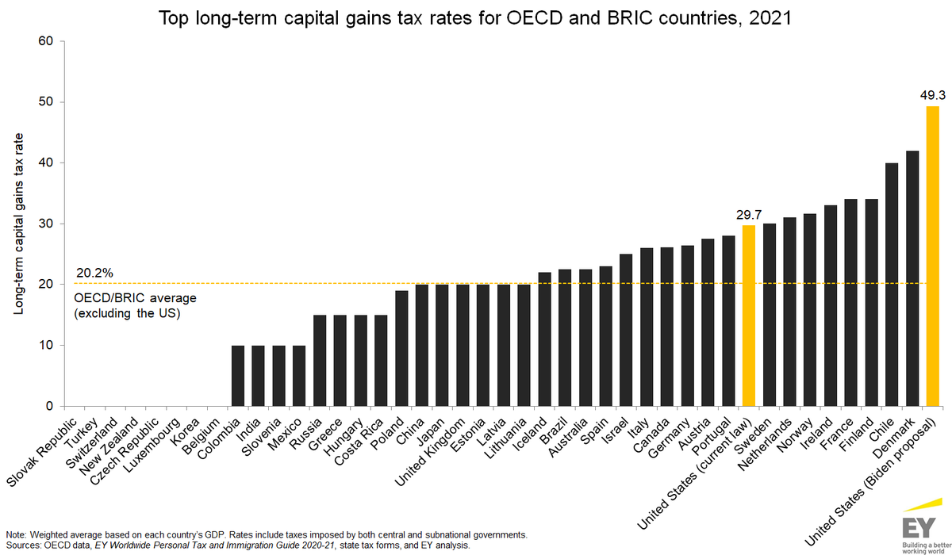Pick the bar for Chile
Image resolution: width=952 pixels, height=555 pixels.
(x=892, y=285)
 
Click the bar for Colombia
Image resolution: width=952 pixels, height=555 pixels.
(x=238, y=376)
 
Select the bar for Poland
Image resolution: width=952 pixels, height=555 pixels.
(x=401, y=348)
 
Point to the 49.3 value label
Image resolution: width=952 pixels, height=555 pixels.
(x=933, y=94)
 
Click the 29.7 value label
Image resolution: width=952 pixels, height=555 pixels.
(x=749, y=214)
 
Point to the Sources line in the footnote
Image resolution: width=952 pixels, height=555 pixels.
(x=238, y=545)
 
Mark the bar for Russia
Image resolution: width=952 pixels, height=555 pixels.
(x=320, y=361)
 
